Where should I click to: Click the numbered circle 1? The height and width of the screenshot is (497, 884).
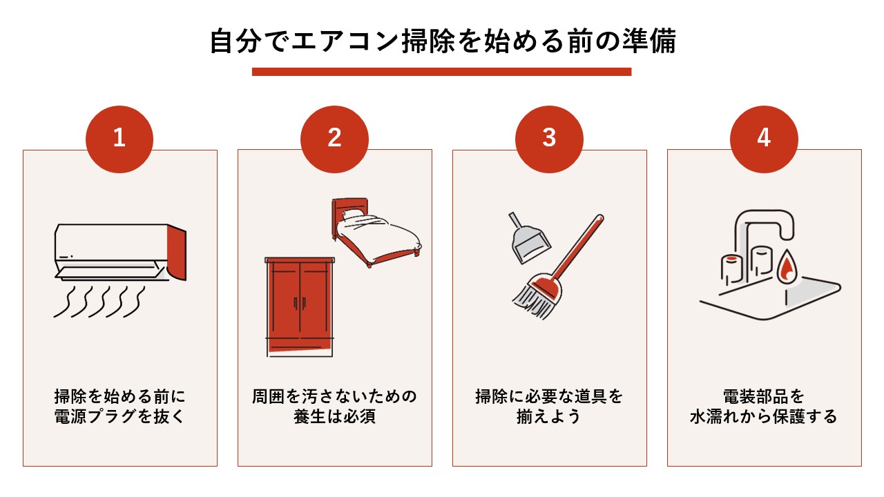pyautogui.click(x=119, y=139)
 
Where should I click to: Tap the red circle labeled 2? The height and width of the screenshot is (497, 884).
pyautogui.click(x=334, y=139)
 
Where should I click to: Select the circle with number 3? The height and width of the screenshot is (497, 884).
pyautogui.click(x=549, y=139)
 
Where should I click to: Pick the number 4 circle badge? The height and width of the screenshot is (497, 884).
pyautogui.click(x=764, y=139)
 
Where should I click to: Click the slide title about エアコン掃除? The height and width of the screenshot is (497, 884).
pyautogui.click(x=442, y=41)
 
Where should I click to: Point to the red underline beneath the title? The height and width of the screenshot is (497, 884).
pyautogui.click(x=442, y=72)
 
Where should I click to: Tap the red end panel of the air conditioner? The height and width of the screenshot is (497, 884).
pyautogui.click(x=177, y=253)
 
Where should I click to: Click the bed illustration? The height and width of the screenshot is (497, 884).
pyautogui.click(x=376, y=231)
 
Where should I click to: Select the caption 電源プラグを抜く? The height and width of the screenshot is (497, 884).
pyautogui.click(x=119, y=418)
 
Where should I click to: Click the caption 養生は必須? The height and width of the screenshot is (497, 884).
pyautogui.click(x=334, y=418)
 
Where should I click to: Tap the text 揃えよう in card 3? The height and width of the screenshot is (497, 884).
pyautogui.click(x=549, y=418)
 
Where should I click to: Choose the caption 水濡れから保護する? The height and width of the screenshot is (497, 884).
pyautogui.click(x=764, y=418)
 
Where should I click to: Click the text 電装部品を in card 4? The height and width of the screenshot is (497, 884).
pyautogui.click(x=764, y=397)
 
